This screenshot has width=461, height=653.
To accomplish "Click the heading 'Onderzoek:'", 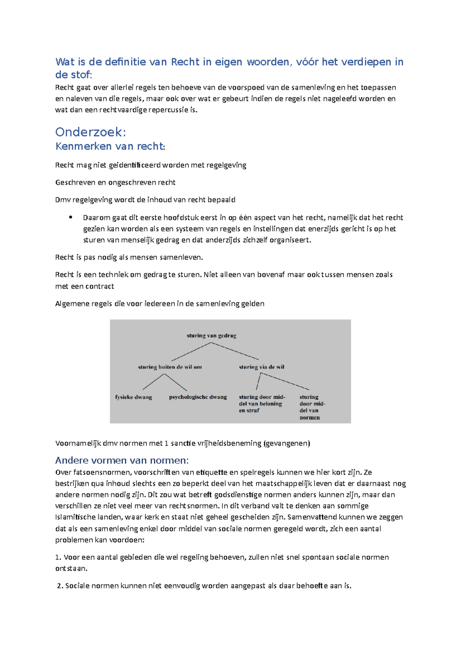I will [91, 132].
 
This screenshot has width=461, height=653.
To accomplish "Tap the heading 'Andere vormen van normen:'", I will [122, 460].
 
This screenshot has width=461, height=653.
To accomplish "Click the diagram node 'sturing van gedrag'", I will [211, 335].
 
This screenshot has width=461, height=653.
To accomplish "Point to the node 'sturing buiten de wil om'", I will [170, 367].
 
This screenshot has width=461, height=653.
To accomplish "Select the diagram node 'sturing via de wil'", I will [262, 367].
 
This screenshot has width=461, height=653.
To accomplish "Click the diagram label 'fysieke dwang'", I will [134, 397].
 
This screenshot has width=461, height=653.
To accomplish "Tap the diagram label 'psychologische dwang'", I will [198, 397].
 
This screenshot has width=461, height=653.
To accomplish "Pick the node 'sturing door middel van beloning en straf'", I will [262, 404].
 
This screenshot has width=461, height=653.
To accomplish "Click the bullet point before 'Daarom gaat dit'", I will [71, 217].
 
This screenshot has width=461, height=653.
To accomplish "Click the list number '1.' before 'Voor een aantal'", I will [58, 557].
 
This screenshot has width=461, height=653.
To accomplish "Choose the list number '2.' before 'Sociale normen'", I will [60, 586].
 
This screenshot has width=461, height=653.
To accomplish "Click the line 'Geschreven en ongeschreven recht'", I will [115, 183].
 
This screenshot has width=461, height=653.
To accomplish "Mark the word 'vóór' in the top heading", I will [306, 62].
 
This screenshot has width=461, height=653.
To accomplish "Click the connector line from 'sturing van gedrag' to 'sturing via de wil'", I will [235, 351].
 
